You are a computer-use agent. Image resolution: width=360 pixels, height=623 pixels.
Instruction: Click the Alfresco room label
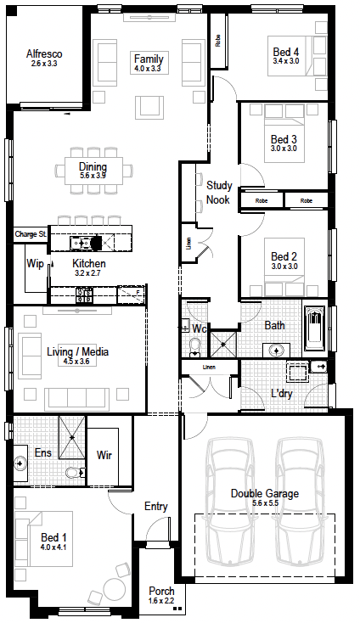coord(44,53)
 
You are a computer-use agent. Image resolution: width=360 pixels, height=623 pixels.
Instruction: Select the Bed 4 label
coord(285,52)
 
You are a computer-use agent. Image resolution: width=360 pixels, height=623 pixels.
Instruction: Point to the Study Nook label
coord(218,193)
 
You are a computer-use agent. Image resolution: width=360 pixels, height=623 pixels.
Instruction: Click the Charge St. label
coord(31,234)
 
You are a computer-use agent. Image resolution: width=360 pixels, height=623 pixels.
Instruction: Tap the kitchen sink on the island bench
coord(81,242)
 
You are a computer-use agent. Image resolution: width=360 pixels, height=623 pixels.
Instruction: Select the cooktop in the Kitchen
coord(85,295)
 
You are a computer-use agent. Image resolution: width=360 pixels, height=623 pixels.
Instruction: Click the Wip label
coord(35,263)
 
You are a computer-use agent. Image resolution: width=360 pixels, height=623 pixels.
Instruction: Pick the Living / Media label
coord(77,351)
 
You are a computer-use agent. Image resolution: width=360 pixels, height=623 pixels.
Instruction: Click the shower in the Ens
coord(72,437)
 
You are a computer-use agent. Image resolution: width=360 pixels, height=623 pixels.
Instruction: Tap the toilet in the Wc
coord(194,347)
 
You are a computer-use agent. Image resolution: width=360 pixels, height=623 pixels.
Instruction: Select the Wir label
coord(104,455)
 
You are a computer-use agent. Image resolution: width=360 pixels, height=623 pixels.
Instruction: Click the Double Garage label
coord(265,493)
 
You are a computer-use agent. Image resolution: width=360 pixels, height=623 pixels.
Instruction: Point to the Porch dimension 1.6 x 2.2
coord(161,601)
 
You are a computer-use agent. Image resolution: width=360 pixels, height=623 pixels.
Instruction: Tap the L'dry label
coord(282,393)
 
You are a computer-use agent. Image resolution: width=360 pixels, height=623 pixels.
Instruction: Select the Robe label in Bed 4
coord(217,41)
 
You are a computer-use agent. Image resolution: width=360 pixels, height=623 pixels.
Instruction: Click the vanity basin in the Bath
coord(276,351)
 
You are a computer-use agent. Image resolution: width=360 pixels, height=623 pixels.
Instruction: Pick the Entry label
coord(155,506)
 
